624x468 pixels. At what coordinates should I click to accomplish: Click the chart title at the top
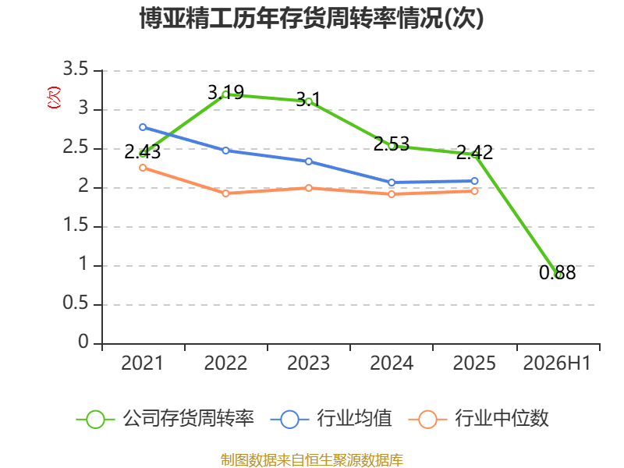click(x=311, y=18)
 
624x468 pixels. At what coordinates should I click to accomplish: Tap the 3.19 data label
click(x=225, y=92)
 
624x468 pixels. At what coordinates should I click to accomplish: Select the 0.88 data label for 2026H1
click(x=557, y=272)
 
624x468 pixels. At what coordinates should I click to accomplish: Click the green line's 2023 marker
click(x=309, y=101)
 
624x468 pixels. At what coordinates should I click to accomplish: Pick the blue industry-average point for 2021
click(x=143, y=127)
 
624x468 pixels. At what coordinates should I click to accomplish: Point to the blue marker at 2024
click(x=392, y=183)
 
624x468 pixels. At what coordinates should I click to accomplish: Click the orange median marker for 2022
click(x=225, y=193)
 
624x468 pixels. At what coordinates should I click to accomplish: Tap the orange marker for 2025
click(x=474, y=191)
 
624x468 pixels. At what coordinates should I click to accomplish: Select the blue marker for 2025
click(x=474, y=181)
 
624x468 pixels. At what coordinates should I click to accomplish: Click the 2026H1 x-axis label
click(x=557, y=363)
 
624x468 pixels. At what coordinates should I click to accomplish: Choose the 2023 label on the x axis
click(x=309, y=363)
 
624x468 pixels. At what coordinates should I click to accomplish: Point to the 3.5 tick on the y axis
click(x=76, y=69)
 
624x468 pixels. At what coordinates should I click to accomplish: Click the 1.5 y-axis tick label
click(x=76, y=225)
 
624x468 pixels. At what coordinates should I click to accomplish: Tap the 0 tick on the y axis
click(x=83, y=342)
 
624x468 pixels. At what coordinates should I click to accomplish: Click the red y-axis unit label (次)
click(x=54, y=97)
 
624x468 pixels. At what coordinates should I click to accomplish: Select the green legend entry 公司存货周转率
click(x=165, y=419)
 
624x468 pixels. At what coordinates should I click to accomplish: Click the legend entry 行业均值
click(x=331, y=419)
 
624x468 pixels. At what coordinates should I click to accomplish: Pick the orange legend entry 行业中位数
click(x=479, y=419)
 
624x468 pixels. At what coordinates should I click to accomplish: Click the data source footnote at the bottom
click(x=312, y=460)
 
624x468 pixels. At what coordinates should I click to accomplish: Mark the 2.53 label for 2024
click(x=392, y=144)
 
